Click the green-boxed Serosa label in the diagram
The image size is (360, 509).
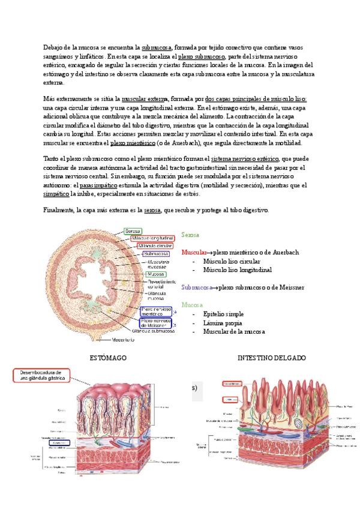pyautogui.click(x=133, y=231)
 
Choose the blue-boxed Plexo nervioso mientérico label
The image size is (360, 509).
pyautogui.click(x=155, y=311)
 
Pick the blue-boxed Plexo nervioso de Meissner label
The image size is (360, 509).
pyautogui.click(x=155, y=322)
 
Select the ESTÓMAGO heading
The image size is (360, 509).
pyautogui.click(x=107, y=358)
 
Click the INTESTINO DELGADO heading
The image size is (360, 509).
pyautogui.click(x=272, y=358)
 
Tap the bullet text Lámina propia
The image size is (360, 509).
pyautogui.click(x=223, y=322)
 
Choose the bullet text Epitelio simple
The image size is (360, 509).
pyautogui.click(x=224, y=314)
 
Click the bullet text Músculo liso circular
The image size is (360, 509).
pyautogui.click(x=232, y=261)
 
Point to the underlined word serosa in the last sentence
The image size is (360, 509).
pyautogui.click(x=152, y=211)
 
